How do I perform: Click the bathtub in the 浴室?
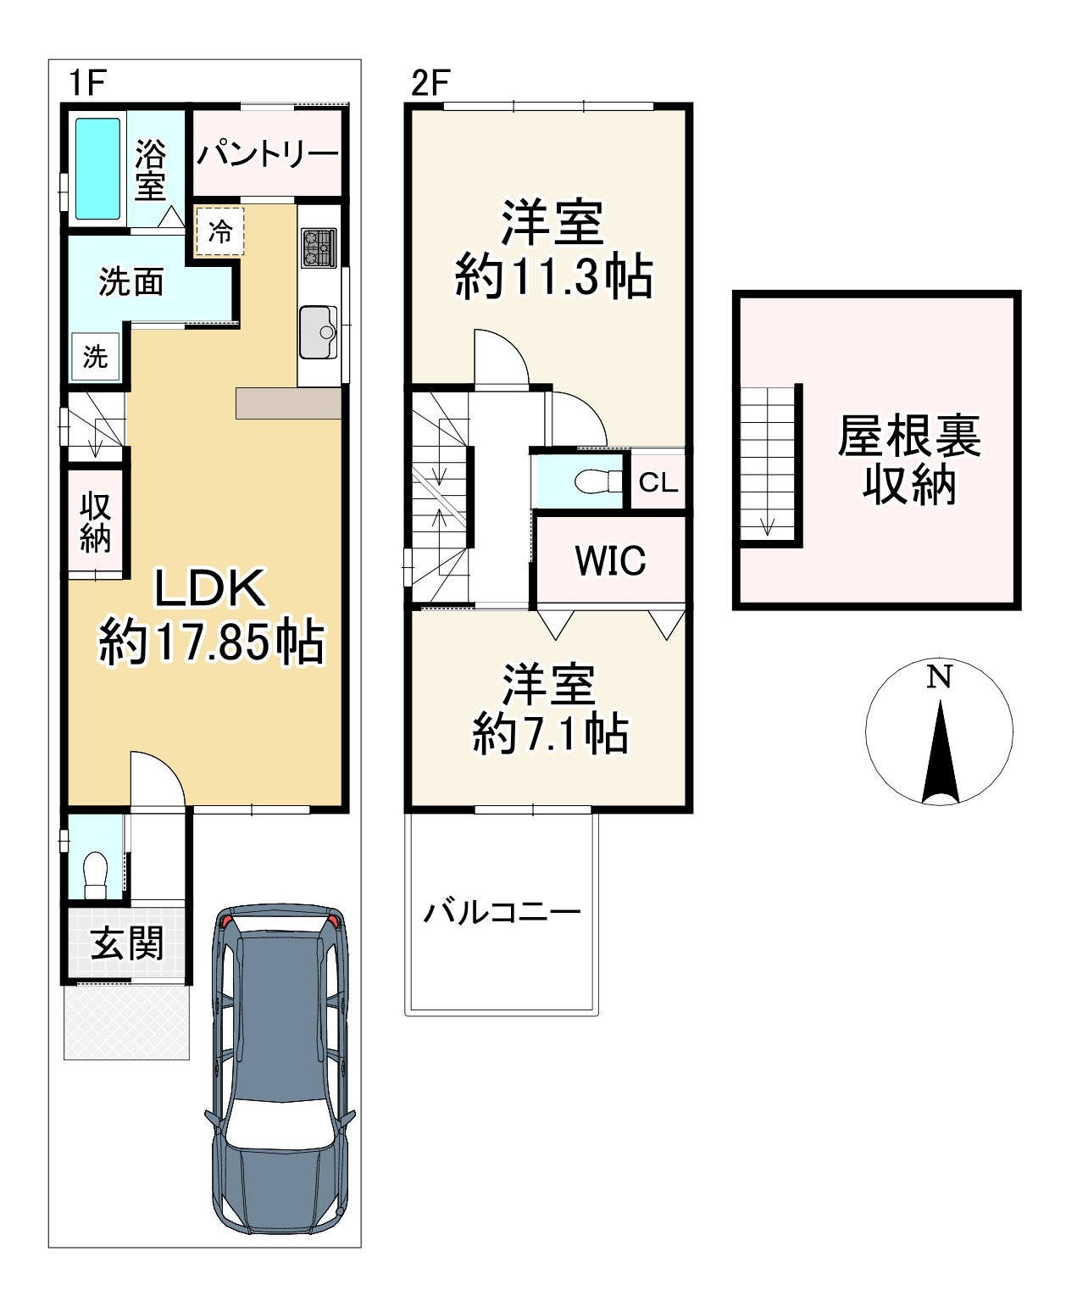97,168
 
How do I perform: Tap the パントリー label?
268,153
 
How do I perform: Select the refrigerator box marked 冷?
219,231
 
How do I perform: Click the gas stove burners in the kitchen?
319,247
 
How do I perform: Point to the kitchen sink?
319,332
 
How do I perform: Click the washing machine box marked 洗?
96,356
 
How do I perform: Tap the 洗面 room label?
131,282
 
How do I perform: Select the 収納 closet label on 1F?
96,522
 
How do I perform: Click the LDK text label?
211,587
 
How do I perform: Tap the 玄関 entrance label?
127,944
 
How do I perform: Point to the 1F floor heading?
87,82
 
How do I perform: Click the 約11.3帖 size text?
553,277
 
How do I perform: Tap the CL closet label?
658,483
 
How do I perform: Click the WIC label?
611,560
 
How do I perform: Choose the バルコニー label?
502,912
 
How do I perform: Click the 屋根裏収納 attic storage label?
909,460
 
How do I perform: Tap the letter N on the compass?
939,677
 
